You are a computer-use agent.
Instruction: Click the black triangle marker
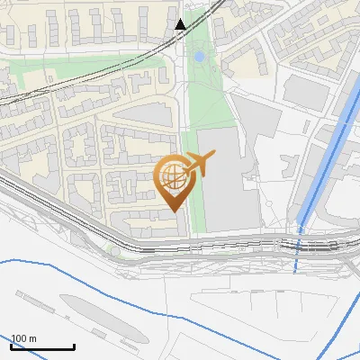(x=180, y=24)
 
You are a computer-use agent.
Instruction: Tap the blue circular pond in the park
(x=199, y=57)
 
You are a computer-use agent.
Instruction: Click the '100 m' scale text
(x=23, y=338)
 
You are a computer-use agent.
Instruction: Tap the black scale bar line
(x=42, y=346)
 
